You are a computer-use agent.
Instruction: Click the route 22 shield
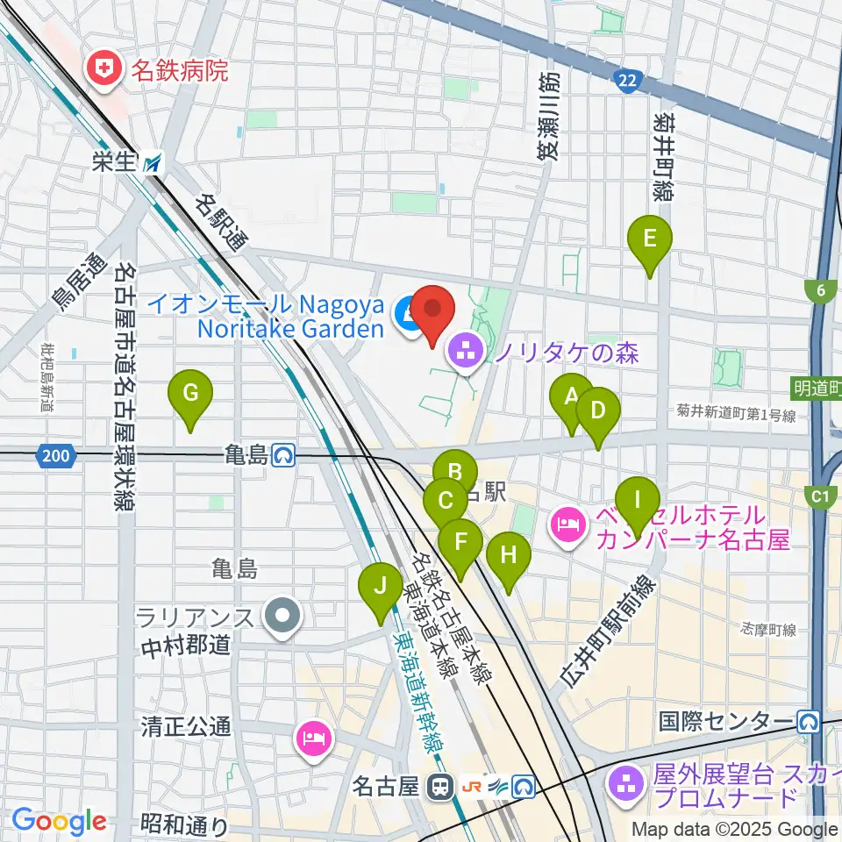[x=626, y=82]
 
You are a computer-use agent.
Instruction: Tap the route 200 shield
[x=55, y=455]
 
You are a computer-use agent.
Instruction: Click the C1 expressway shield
[x=820, y=497]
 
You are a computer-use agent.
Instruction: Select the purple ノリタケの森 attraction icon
[x=464, y=353]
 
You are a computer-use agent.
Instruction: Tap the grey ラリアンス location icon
[x=282, y=617]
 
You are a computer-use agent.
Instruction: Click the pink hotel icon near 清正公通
[x=314, y=739]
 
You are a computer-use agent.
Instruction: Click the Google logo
[x=59, y=822]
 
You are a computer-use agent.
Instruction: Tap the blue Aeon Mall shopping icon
[x=407, y=312]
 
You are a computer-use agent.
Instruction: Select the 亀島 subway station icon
[x=282, y=455]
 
